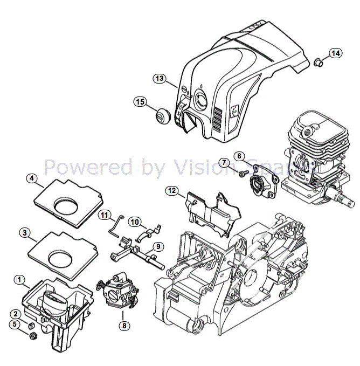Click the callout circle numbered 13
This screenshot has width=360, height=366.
[x=159, y=79]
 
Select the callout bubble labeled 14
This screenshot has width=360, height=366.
[x=335, y=53]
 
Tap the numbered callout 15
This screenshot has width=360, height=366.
[x=140, y=102]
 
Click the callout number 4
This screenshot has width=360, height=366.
[x=32, y=177]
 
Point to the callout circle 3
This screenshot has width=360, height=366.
[x=24, y=233]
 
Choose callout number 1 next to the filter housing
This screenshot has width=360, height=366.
[x=19, y=279]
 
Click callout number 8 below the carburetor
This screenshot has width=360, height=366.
[x=124, y=326]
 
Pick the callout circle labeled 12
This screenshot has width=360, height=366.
[x=171, y=190]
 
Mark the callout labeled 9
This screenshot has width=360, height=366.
[x=157, y=246]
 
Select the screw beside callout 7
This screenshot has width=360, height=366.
[x=243, y=174]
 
